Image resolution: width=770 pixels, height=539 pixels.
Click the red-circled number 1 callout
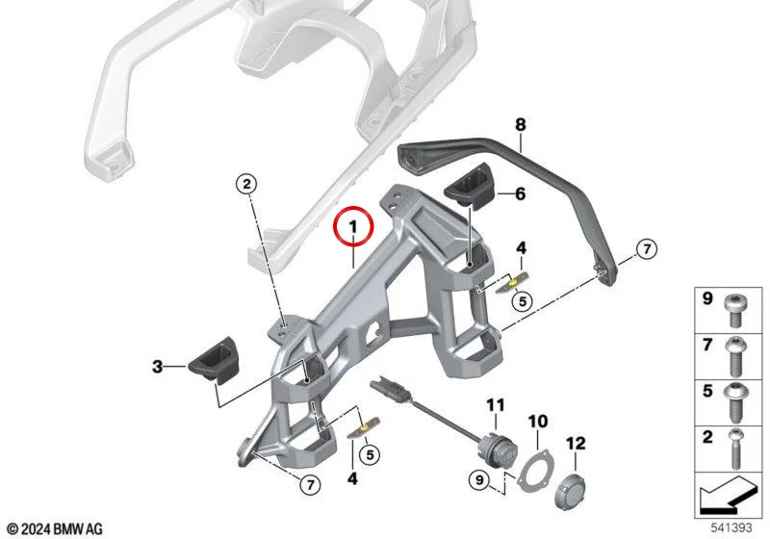click(x=353, y=227)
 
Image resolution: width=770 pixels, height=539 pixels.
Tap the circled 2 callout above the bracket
click(x=246, y=184)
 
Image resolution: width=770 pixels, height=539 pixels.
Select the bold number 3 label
click(x=157, y=366)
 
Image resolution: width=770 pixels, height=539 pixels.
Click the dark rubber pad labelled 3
click(x=214, y=360)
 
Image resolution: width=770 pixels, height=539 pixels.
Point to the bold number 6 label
click(x=520, y=193)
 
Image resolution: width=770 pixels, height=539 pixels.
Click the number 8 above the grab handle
click(x=521, y=125)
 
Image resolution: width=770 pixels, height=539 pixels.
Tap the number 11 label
click(x=496, y=405)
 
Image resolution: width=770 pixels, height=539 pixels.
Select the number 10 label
click(x=538, y=422)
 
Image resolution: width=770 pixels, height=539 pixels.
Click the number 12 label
click(x=576, y=444)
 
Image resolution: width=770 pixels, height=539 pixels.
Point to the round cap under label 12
click(x=570, y=491)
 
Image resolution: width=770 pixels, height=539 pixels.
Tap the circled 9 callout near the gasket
click(x=479, y=479)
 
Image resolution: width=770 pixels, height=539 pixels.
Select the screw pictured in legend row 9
click(x=734, y=311)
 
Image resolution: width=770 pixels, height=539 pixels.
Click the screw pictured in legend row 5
click(x=736, y=403)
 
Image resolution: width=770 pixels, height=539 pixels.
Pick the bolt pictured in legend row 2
click(x=736, y=449)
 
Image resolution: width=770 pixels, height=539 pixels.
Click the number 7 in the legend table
click(x=707, y=345)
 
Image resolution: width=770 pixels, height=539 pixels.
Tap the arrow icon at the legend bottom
click(x=728, y=496)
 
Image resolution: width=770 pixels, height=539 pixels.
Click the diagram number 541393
click(x=731, y=527)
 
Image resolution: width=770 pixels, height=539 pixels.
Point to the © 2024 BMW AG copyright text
click(x=56, y=528)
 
